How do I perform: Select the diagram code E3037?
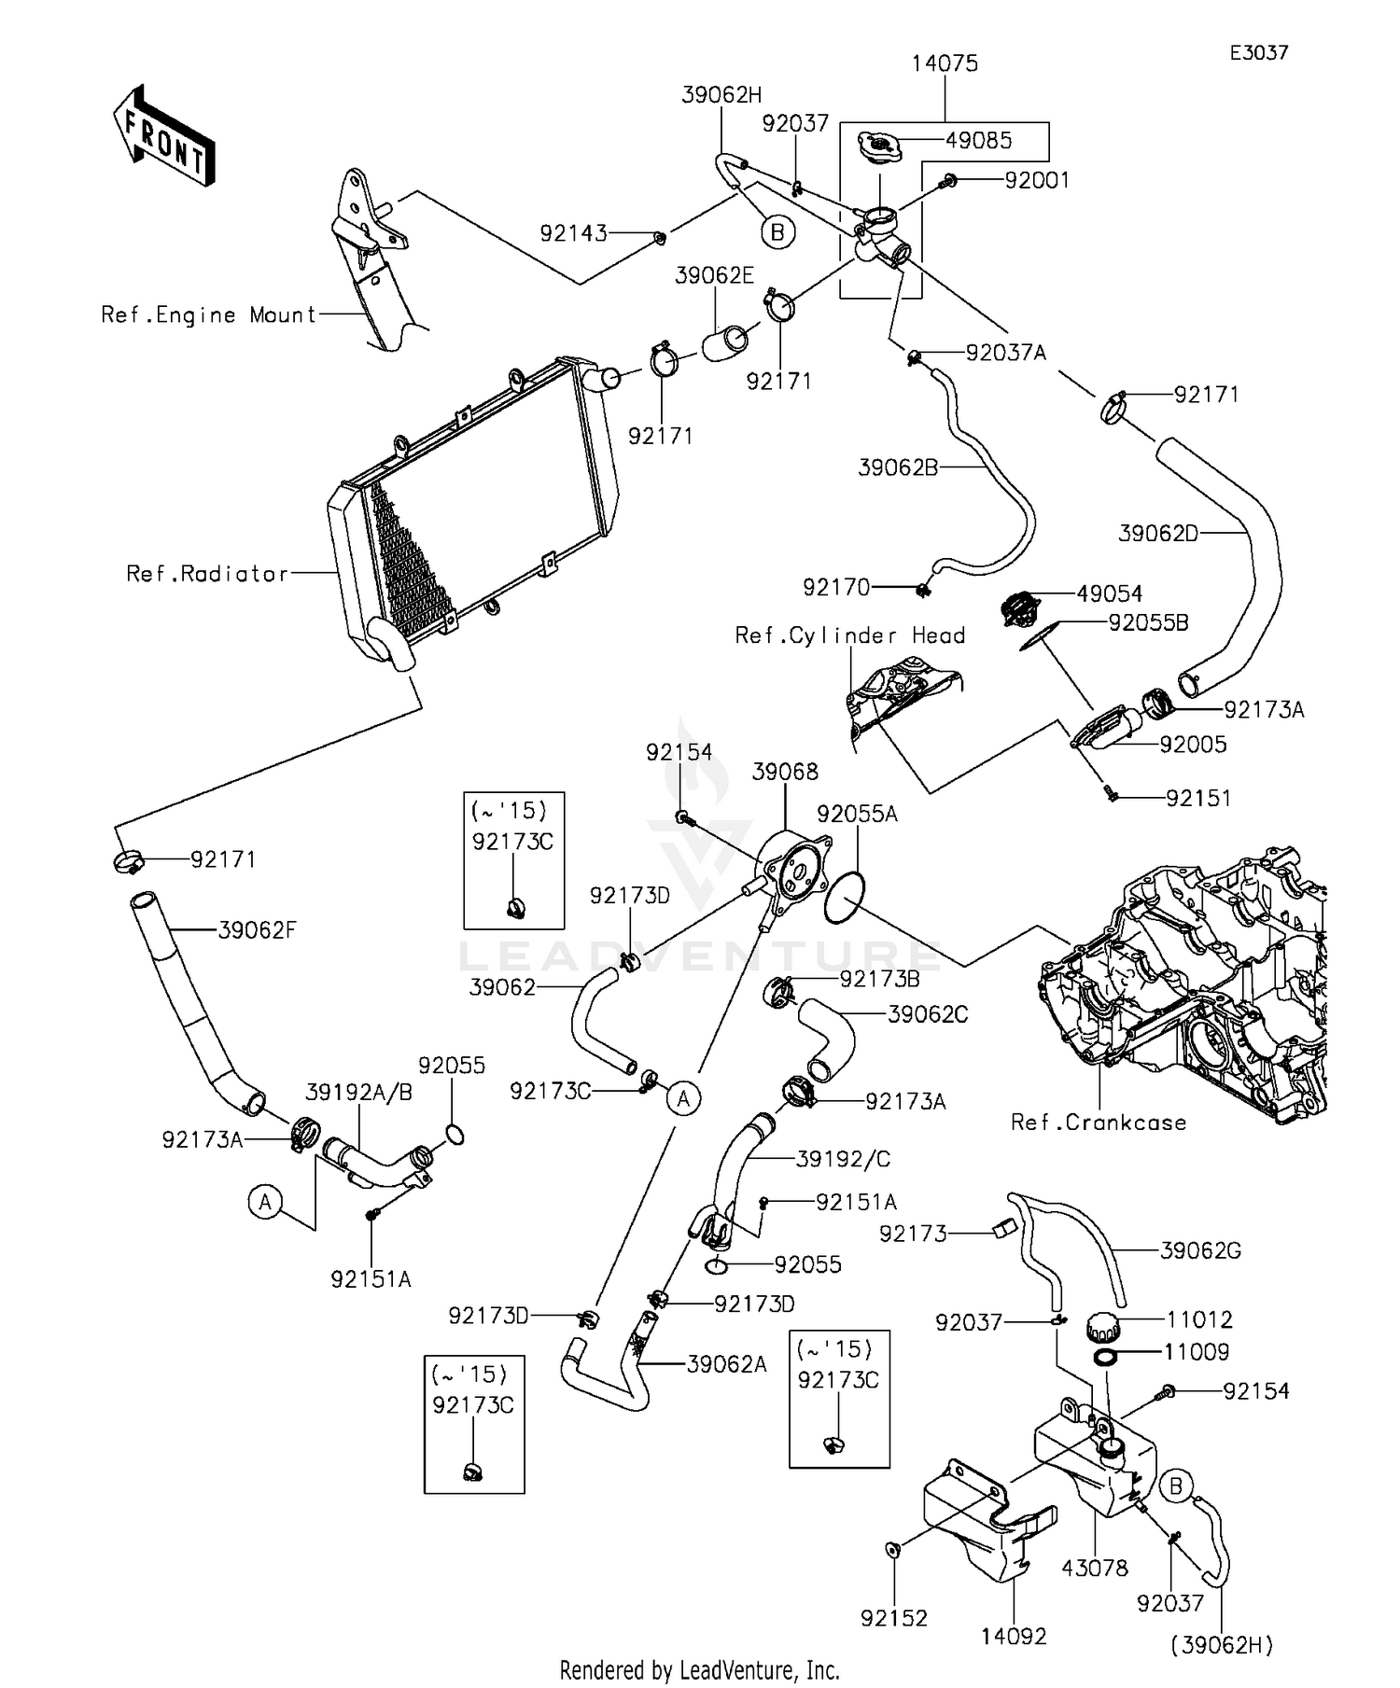click(1258, 53)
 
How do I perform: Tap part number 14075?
click(945, 63)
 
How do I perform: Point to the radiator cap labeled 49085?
click(879, 146)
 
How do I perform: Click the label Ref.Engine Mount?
click(209, 315)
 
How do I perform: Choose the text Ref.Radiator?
click(207, 574)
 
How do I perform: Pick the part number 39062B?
click(898, 467)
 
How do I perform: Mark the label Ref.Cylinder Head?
click(850, 636)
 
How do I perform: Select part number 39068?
click(785, 772)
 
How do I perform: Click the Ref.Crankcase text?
click(1099, 1123)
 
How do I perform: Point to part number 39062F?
click(257, 930)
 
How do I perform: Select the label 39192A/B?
click(358, 1092)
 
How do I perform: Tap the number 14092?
click(1014, 1636)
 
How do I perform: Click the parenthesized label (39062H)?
click(1222, 1645)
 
